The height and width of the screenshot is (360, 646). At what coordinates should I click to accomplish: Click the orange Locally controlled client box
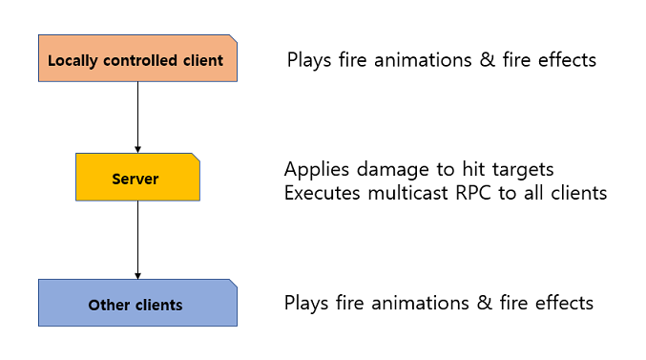click(x=137, y=59)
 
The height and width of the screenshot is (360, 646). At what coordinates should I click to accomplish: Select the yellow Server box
click(x=137, y=179)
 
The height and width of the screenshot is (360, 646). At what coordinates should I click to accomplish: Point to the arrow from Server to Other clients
click(x=138, y=240)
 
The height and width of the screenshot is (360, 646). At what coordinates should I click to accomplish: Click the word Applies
click(x=315, y=170)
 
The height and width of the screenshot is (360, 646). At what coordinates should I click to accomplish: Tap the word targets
click(x=522, y=170)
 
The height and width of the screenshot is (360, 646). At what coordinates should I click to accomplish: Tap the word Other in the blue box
click(x=107, y=306)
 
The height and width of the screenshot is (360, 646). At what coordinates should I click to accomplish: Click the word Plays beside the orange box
click(x=310, y=60)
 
